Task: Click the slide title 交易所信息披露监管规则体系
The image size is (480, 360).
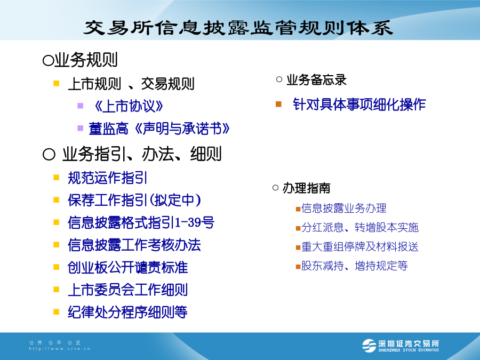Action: [x=238, y=28]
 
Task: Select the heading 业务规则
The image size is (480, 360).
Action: [x=86, y=60]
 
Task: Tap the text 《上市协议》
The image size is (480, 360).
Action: [x=128, y=106]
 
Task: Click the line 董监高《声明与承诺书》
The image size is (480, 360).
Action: [x=159, y=129]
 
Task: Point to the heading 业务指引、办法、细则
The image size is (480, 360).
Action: [x=142, y=154]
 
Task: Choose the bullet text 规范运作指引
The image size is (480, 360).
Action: [x=107, y=178]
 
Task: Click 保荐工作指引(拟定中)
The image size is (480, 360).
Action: [x=134, y=200]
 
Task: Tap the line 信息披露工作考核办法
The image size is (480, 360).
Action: [x=134, y=245]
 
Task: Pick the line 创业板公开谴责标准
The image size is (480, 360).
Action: [x=127, y=267]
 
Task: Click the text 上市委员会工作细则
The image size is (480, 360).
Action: [x=127, y=290]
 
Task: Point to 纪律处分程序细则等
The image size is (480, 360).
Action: [x=127, y=312]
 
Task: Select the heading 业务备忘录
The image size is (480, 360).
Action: [x=316, y=80]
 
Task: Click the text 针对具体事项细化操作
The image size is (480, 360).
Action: [x=359, y=105]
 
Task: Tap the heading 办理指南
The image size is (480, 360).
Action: [x=306, y=188]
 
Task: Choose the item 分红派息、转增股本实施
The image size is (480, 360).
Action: [x=360, y=227]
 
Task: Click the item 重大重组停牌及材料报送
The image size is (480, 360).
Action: [x=360, y=247]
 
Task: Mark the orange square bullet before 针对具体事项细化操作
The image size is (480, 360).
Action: [x=278, y=105]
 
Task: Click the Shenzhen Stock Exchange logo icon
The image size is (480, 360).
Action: [x=369, y=346]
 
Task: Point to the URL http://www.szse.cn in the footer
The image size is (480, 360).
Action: [x=60, y=349]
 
